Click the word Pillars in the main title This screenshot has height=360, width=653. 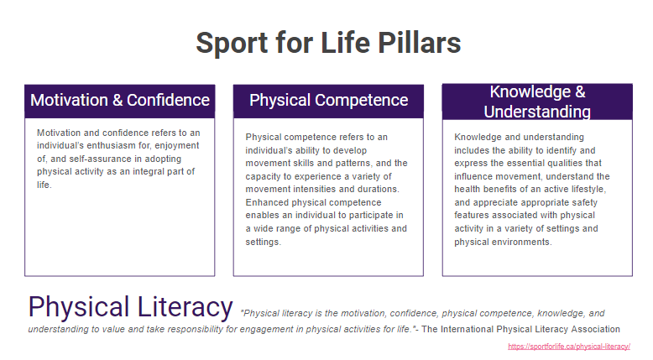tap(419, 43)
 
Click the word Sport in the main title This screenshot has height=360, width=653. tap(232, 44)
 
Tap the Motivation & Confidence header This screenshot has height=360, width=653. tap(119, 102)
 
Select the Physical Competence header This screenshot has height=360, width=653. tap(328, 102)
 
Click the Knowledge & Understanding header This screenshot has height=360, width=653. tap(537, 102)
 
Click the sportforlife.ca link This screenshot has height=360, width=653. tap(569, 347)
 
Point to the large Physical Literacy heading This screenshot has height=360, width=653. tap(130, 308)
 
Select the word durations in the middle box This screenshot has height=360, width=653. tap(379, 189)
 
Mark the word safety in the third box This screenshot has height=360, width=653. tap(585, 203)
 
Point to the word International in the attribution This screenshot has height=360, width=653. tap(466, 329)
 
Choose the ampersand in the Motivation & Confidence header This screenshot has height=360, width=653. tap(118, 101)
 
